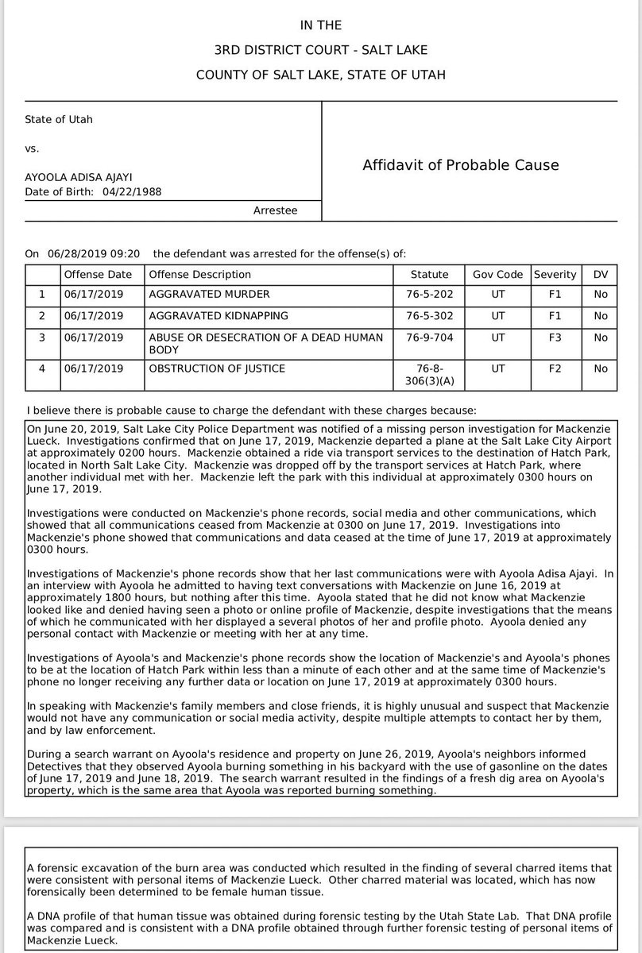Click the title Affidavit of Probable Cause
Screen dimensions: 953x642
coord(461,165)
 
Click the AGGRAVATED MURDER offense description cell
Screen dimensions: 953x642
coord(209,295)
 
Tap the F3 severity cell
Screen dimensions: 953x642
coord(555,338)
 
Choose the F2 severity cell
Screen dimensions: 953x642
coord(555,368)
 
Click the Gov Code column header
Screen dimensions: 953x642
coord(497,274)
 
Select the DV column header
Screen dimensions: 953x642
coord(600,274)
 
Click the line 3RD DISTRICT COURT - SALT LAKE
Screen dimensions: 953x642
coord(321,51)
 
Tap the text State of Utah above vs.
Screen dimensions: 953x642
coord(59,120)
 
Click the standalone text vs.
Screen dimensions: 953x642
coord(33,148)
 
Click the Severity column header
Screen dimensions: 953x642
coord(555,274)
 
